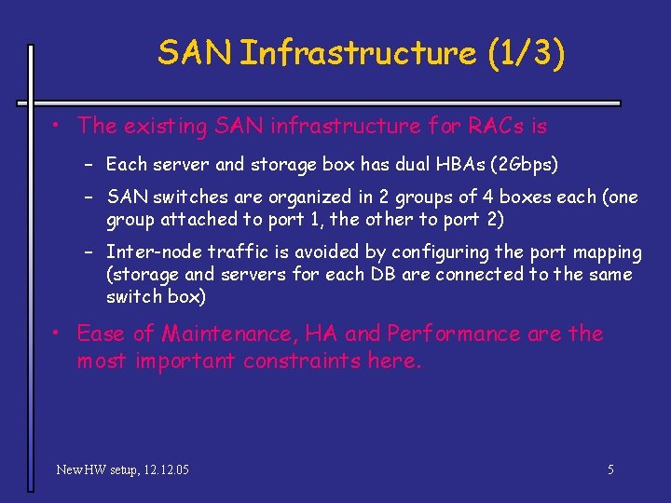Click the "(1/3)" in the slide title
point(526,53)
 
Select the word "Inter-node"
point(153,252)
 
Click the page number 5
point(610,469)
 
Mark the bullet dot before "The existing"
point(57,125)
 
